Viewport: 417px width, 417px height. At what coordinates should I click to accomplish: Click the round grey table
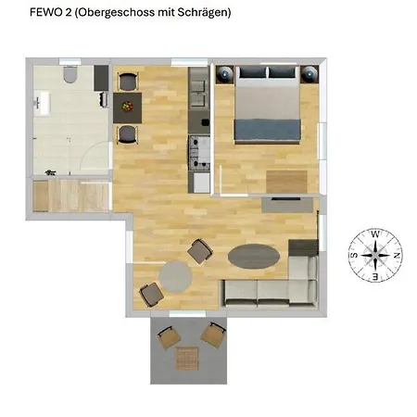click(x=174, y=276)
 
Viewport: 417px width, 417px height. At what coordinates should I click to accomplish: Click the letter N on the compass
click(x=396, y=254)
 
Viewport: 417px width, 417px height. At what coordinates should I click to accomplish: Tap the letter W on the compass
click(x=374, y=234)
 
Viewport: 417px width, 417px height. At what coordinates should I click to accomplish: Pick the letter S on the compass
click(x=354, y=254)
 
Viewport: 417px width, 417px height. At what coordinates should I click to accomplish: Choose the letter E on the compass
click(x=375, y=275)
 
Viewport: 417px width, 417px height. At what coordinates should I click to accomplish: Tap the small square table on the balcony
click(x=188, y=358)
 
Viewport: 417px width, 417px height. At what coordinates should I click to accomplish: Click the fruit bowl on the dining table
click(x=128, y=107)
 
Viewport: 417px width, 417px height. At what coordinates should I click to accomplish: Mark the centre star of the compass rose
click(x=374, y=254)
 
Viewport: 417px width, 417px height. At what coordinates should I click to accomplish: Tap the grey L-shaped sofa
click(x=278, y=283)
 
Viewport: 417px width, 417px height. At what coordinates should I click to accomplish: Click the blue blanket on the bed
click(x=267, y=128)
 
